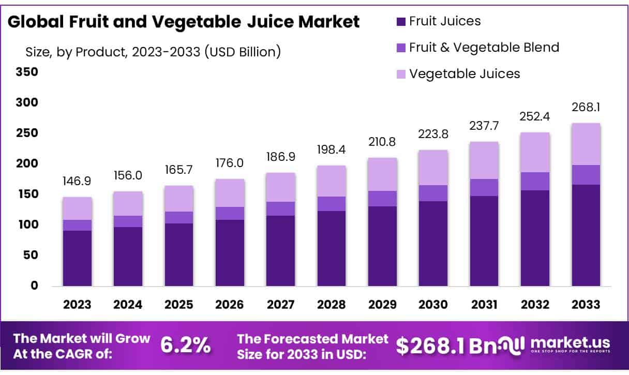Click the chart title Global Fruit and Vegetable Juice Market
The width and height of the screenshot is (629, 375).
point(184,22)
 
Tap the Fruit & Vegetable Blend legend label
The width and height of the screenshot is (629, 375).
point(484,48)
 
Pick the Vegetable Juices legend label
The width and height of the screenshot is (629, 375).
point(464,74)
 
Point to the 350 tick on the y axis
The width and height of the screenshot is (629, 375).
point(28,72)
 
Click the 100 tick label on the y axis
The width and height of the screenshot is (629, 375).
point(28,225)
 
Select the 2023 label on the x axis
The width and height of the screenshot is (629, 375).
point(78,305)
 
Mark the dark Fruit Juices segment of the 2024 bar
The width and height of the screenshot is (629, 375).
point(128,257)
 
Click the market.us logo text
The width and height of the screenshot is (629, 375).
point(570,343)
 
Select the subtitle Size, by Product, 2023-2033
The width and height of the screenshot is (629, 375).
point(153,52)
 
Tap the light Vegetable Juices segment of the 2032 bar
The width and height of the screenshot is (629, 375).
point(535,153)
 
